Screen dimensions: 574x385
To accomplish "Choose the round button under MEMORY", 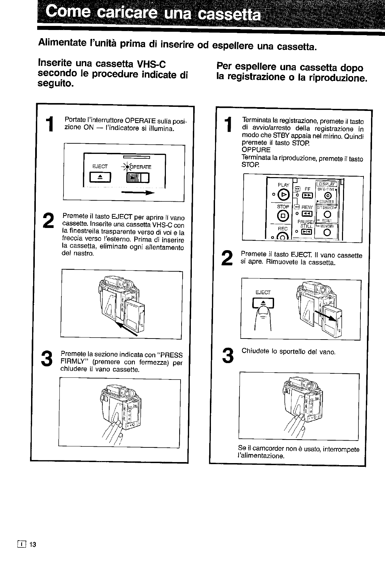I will (327, 233).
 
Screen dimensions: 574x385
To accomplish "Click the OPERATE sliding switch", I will (138, 178).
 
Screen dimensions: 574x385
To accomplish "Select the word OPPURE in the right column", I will (256, 150).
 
